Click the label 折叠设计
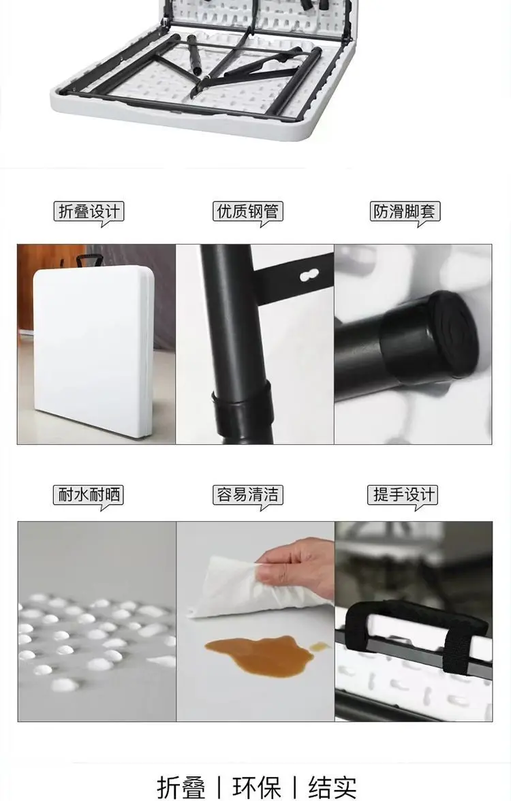point(89,211)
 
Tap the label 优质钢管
point(248,211)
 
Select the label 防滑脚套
point(405,211)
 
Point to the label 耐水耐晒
point(89,494)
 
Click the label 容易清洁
point(248,494)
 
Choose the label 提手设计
point(403,494)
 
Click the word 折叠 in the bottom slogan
point(181,787)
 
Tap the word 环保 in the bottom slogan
point(256,787)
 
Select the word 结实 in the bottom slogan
point(332,787)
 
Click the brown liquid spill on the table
point(258,655)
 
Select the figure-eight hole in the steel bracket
point(309,276)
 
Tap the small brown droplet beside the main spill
point(320,647)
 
